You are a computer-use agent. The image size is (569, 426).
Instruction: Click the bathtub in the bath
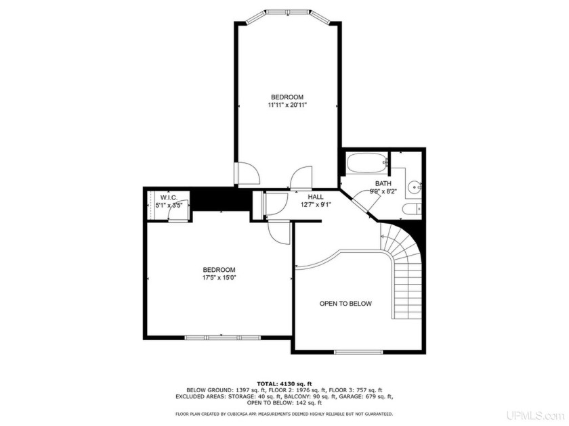366,163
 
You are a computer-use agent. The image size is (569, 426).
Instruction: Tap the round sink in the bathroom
415,183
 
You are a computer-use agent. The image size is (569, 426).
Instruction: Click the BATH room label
383,183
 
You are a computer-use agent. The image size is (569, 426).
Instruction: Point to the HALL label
316,197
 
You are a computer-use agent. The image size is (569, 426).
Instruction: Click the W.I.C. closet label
169,197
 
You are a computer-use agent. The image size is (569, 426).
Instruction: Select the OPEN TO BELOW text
345,304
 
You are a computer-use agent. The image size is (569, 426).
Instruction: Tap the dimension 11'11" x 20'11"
287,105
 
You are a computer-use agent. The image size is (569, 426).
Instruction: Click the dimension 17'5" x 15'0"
218,277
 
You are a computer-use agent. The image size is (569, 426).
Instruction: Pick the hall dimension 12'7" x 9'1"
316,205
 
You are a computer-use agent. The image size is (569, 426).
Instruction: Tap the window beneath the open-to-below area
359,352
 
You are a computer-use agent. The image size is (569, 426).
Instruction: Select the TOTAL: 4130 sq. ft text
284,383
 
